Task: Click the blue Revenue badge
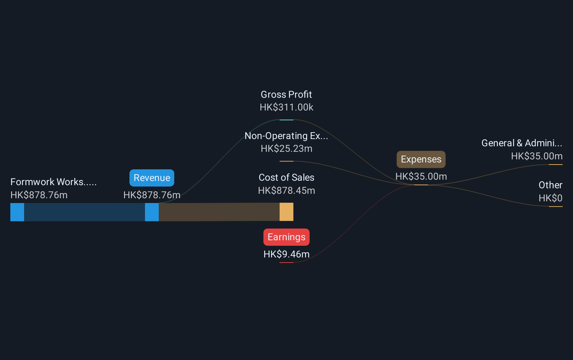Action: [152, 178]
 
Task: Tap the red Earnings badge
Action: [286, 237]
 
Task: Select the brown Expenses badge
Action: [421, 159]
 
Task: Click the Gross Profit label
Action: [286, 95]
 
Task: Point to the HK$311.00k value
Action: [286, 107]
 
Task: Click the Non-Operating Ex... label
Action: [286, 136]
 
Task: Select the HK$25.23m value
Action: [286, 149]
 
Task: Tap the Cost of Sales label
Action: [286, 178]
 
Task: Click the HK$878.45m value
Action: [286, 190]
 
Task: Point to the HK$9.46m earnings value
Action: [286, 254]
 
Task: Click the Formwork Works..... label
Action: [53, 182]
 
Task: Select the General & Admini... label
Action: [522, 143]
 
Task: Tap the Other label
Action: [551, 185]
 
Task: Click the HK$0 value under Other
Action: [551, 198]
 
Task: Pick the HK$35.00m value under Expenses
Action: [421, 177]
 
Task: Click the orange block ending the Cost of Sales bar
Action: [286, 212]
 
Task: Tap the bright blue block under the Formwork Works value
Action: [17, 212]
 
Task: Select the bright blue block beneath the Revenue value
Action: [152, 212]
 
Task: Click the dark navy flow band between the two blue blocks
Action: [84, 212]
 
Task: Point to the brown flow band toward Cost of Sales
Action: [219, 212]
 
